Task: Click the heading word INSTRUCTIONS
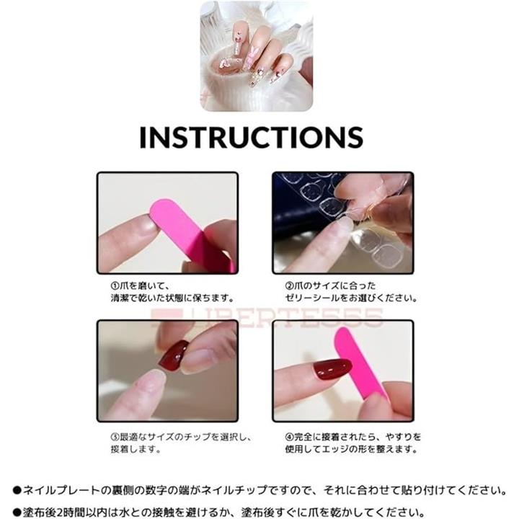click(x=252, y=137)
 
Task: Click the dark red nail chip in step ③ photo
click(x=174, y=355)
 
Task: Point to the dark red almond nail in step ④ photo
click(x=332, y=369)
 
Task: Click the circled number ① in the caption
click(x=115, y=285)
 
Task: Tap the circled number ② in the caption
click(x=289, y=285)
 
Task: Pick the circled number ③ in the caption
click(x=115, y=437)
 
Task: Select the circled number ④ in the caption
click(x=289, y=437)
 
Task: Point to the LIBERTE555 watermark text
click(x=267, y=317)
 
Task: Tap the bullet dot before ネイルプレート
click(x=17, y=490)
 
